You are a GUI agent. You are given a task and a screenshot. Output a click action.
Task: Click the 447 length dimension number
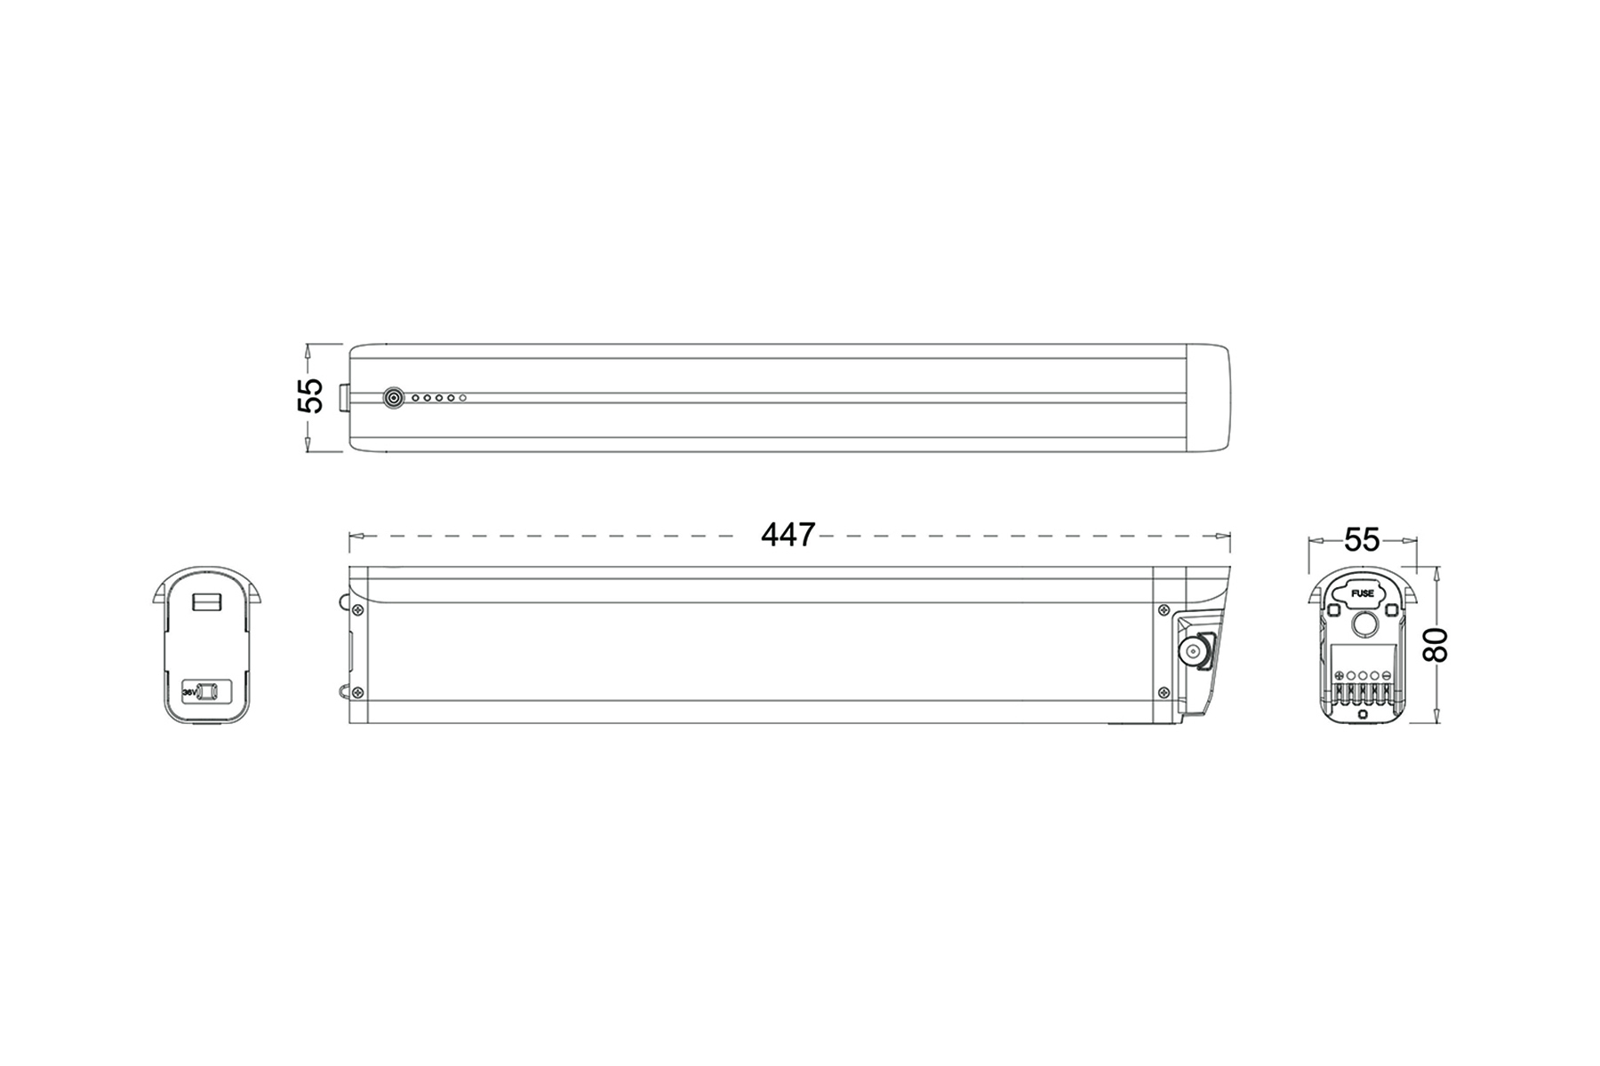click(x=788, y=535)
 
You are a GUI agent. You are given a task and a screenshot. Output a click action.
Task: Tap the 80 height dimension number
click(x=1435, y=644)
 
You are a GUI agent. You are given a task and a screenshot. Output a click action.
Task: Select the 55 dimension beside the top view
click(x=309, y=396)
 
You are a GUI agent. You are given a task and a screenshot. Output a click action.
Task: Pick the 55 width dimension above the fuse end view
click(x=1361, y=539)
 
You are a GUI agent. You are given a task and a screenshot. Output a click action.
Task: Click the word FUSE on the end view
click(x=1362, y=593)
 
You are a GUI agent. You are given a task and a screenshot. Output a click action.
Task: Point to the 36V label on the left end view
click(x=188, y=690)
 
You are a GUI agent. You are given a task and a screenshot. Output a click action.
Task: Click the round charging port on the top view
click(x=393, y=398)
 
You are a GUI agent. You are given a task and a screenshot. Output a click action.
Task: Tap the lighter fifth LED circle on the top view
click(x=463, y=398)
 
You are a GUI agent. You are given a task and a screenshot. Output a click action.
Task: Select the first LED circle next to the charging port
click(x=415, y=398)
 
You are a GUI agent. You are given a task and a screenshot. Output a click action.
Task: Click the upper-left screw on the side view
click(x=357, y=609)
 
